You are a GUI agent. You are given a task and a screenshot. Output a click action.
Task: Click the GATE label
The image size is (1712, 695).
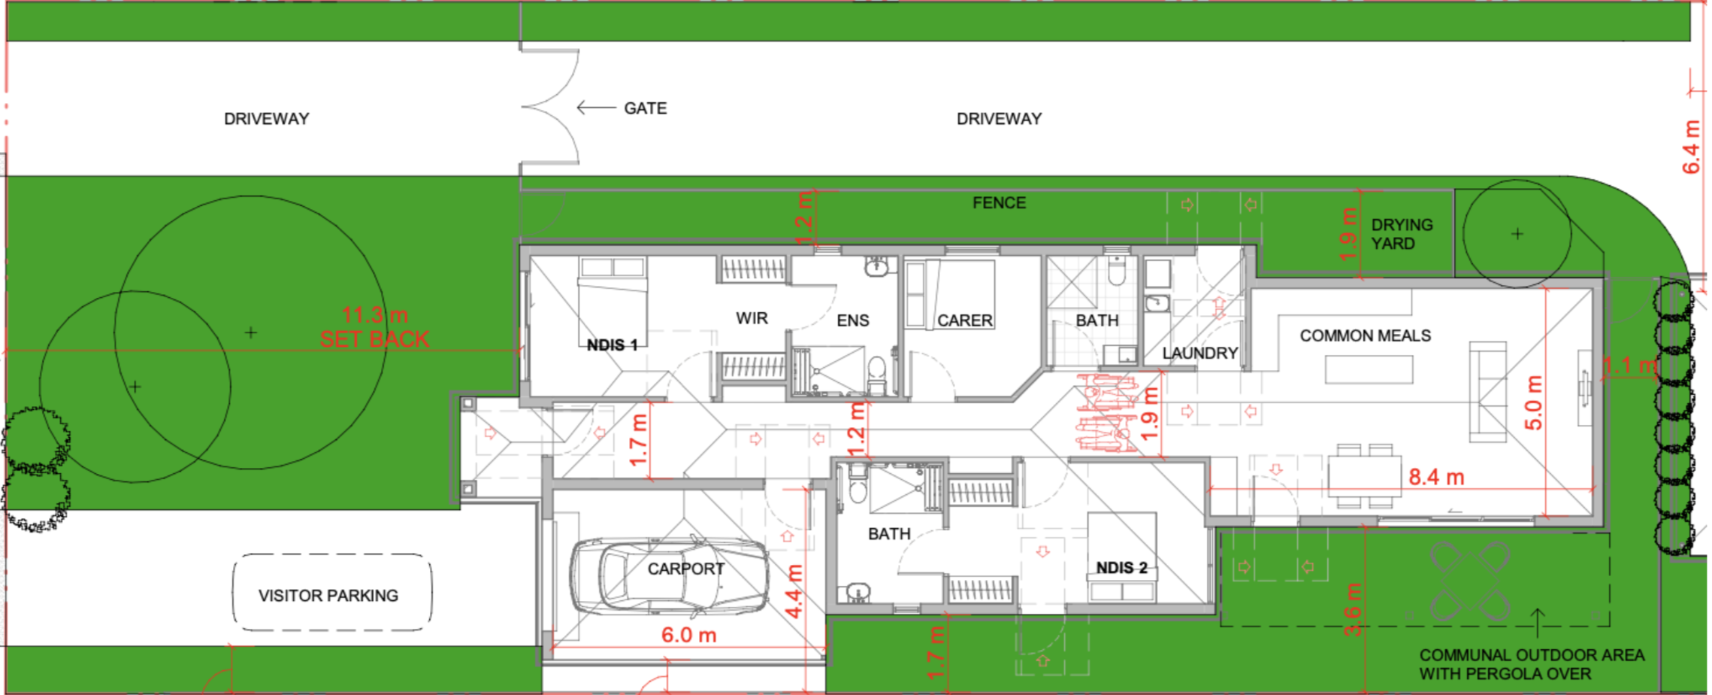645,108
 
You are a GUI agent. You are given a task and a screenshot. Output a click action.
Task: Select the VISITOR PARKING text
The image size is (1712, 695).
328,596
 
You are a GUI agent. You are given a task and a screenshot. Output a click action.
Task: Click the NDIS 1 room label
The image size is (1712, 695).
612,345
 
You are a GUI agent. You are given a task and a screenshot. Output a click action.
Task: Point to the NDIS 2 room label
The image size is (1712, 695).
1121,568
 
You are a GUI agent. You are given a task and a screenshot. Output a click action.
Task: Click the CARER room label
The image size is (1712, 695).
964,320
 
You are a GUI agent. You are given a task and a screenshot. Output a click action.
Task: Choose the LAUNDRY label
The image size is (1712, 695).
1199,354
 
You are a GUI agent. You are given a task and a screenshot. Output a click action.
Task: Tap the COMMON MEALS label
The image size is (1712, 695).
1365,335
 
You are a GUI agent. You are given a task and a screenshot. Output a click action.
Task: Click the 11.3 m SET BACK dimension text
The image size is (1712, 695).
374,327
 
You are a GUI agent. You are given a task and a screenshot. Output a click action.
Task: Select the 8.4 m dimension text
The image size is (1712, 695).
1435,477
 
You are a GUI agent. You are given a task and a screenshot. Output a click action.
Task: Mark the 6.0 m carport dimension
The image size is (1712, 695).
688,635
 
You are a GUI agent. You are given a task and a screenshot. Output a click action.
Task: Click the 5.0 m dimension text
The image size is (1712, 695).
1533,402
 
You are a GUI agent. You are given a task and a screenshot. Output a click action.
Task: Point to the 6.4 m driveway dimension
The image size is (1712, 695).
1691,147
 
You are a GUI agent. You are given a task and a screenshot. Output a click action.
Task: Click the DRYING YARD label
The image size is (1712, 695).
1401,234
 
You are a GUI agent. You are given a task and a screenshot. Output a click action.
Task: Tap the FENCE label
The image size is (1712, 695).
999,203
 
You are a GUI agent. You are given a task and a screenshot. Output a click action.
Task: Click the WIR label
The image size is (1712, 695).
752,318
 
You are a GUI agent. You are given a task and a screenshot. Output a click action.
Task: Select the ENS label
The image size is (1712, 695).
852,320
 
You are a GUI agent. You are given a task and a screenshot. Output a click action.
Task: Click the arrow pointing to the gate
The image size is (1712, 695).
595,108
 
